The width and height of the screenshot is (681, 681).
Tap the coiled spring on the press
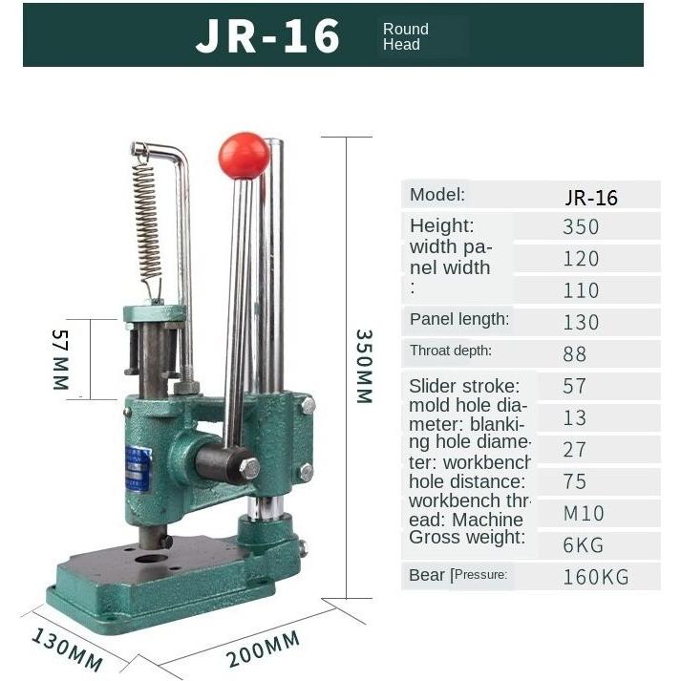click(147, 222)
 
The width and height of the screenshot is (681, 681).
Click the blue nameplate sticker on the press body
click(138, 469)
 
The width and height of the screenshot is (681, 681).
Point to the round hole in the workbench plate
click(151, 559)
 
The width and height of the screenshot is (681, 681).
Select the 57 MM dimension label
click(60, 359)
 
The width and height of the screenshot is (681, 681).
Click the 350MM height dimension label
click(365, 367)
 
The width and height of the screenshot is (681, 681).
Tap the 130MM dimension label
click(67, 649)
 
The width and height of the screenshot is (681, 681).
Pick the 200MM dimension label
click(264, 649)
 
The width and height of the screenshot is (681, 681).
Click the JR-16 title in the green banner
click(268, 36)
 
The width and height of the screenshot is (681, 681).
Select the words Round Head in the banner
click(405, 36)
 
